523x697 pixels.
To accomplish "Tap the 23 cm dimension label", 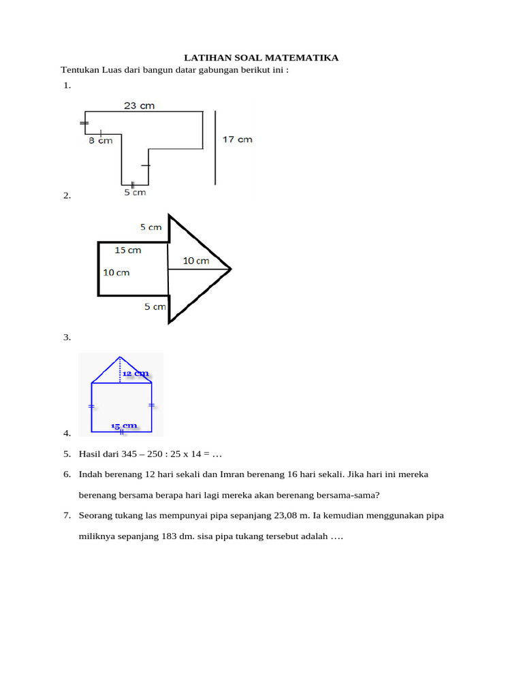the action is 139,106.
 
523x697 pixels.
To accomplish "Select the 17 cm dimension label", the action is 238,140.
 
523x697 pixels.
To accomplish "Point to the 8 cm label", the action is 101,141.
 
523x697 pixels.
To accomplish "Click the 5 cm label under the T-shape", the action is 135,193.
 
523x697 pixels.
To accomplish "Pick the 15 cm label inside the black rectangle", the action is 128,250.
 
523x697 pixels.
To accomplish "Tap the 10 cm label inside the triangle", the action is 196,261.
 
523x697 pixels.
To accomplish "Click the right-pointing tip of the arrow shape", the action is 231,269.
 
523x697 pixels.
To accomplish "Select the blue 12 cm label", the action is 136,373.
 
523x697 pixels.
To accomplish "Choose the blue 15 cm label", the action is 124,426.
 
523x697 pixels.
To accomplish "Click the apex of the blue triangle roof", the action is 120,357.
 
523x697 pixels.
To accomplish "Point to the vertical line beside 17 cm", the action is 215,148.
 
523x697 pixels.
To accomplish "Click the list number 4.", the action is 67,434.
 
